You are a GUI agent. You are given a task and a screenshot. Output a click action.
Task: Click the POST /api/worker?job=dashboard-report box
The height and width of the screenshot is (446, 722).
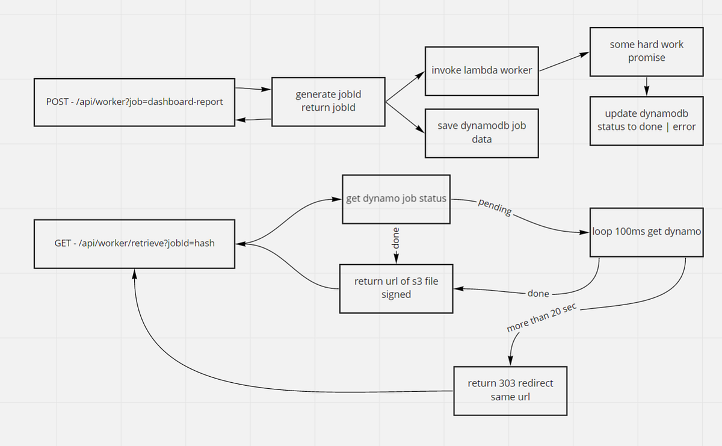(x=134, y=102)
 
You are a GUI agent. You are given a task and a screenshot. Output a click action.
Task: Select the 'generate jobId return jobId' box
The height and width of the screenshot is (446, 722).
(x=328, y=101)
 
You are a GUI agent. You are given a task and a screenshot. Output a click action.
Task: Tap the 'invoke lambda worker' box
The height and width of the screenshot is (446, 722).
(x=481, y=70)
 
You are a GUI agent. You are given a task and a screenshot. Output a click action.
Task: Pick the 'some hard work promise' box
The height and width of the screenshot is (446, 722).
(x=646, y=52)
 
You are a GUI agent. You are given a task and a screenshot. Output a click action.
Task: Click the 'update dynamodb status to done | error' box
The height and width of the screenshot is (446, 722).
(x=646, y=120)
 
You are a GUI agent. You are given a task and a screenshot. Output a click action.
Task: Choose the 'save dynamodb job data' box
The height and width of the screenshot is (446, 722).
(x=481, y=132)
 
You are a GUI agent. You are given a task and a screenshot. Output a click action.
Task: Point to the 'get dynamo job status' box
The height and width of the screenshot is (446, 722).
(x=396, y=199)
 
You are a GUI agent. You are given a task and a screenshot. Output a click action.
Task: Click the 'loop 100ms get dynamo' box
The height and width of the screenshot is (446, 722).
(x=646, y=231)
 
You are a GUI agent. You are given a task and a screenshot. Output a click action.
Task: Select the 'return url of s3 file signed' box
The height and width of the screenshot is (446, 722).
(x=396, y=288)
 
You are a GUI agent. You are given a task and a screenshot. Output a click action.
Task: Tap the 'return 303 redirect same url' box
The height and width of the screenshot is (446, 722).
(x=510, y=390)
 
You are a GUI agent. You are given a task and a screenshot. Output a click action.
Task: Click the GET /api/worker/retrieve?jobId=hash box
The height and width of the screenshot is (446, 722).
(x=134, y=244)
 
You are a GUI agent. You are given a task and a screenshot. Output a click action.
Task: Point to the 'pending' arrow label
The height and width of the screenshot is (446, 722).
(x=495, y=206)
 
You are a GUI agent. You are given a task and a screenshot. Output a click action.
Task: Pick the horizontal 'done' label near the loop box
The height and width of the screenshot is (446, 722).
(x=538, y=294)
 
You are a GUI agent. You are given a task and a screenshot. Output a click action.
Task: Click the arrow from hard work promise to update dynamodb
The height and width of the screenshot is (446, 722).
(x=646, y=86)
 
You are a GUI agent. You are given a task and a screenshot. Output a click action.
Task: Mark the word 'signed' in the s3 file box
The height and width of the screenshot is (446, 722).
(x=396, y=294)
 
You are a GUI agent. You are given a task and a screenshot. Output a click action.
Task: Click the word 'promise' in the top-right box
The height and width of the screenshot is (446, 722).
(x=646, y=58)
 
